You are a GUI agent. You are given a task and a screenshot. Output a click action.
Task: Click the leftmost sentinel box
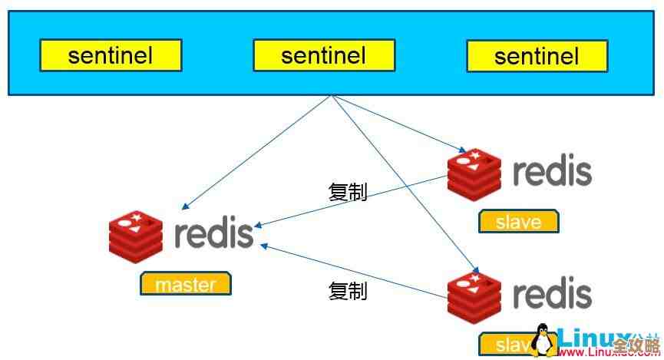[x=111, y=55]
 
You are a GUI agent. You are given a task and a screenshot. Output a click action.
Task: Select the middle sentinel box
[x=324, y=55]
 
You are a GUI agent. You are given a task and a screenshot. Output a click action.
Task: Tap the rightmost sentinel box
[x=537, y=55]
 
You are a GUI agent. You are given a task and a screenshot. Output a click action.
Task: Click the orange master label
[x=185, y=284]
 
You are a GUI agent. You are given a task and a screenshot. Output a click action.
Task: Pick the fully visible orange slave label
[x=519, y=222]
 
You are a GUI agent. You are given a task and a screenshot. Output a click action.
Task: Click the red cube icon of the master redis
[x=136, y=235]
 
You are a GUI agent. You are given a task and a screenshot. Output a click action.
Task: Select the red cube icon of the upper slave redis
[x=474, y=173]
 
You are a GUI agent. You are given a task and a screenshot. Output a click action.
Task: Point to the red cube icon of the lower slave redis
[x=474, y=296]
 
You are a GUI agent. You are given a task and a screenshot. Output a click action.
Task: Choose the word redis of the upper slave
[x=552, y=172]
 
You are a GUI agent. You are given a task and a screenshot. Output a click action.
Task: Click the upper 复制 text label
[x=348, y=192]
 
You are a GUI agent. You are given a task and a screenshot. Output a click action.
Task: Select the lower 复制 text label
[x=348, y=291]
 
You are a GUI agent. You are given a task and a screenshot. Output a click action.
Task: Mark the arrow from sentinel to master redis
[x=257, y=152]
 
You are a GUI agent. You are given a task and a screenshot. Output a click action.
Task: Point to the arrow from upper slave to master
[x=353, y=202]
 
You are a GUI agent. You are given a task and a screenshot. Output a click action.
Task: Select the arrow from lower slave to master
[x=353, y=271]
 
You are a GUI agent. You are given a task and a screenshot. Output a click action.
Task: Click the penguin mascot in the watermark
[x=543, y=340]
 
